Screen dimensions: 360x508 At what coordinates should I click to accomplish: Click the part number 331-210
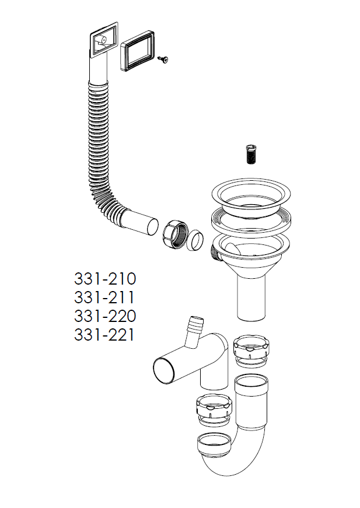click(105, 279)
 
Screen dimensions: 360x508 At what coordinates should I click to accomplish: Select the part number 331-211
click(104, 297)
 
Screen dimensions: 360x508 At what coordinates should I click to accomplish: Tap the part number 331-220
click(105, 316)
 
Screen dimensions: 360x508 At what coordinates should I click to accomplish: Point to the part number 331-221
click(104, 335)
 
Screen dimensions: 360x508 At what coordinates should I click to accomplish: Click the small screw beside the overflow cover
click(163, 59)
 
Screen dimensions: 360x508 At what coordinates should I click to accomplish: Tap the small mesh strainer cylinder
click(250, 154)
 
